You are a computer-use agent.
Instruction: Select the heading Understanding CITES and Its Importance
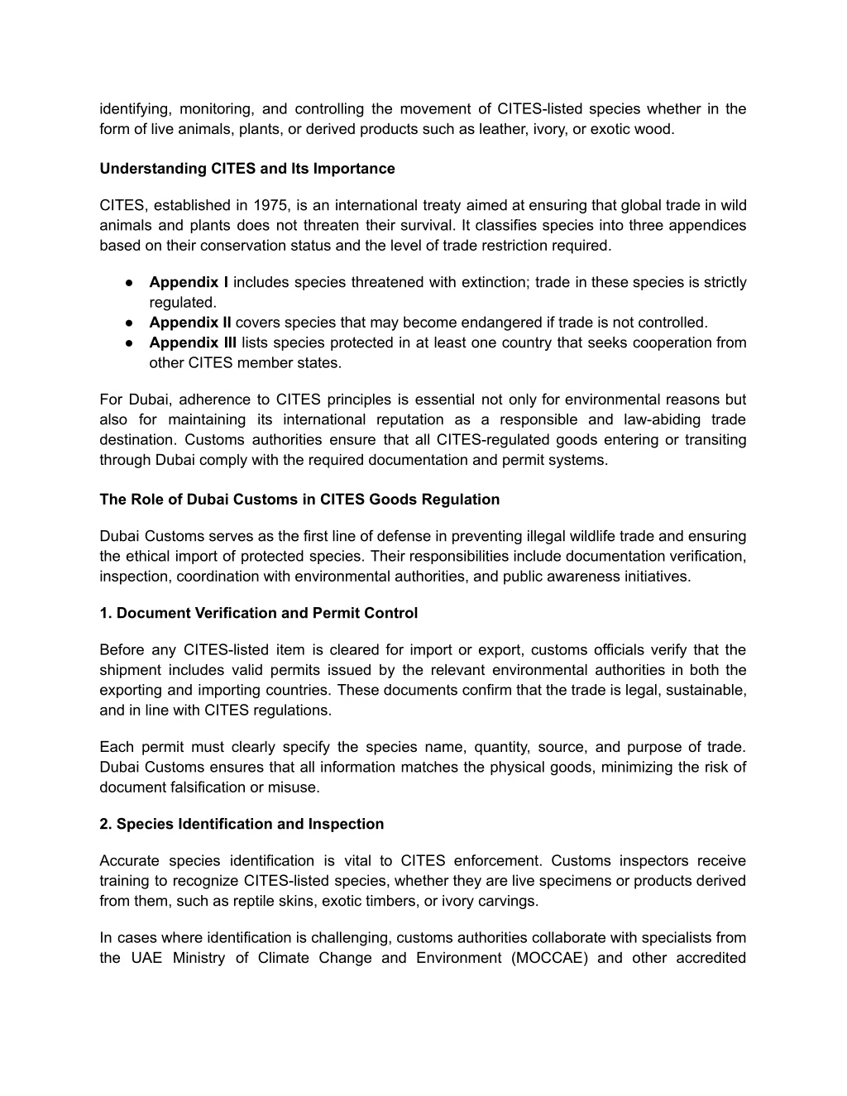246,169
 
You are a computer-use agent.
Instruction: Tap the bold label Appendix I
189,282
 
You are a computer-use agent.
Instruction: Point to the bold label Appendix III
193,342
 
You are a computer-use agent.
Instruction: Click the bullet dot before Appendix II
131,323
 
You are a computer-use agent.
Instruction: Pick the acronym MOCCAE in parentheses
550,958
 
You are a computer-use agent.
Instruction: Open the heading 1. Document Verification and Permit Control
258,613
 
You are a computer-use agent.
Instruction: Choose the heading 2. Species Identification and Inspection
242,824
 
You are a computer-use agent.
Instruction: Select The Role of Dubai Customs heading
299,500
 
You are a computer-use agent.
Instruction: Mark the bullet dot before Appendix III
131,342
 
